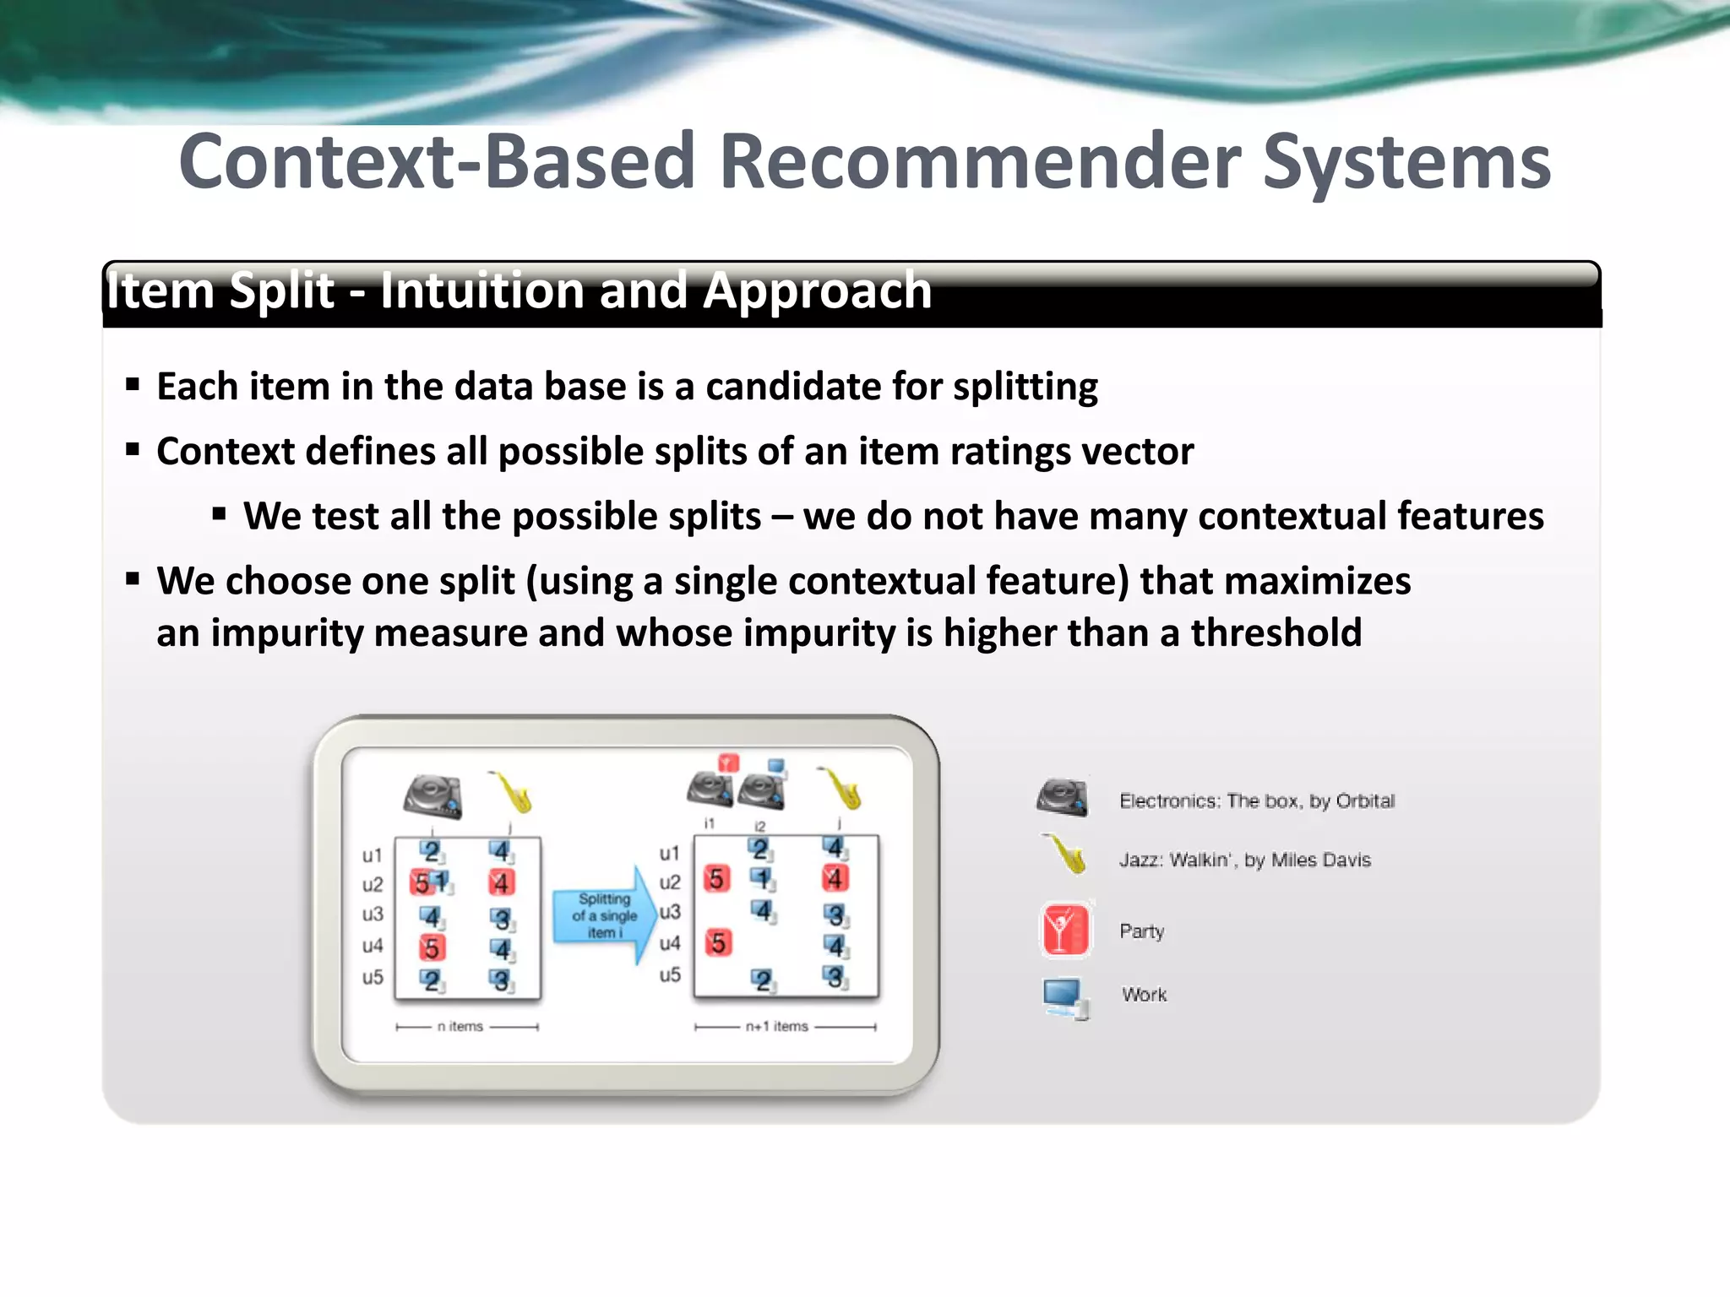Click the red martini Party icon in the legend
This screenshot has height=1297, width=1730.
1065,930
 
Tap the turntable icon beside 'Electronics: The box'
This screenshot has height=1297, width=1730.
1063,797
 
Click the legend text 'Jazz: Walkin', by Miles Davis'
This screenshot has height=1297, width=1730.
1244,860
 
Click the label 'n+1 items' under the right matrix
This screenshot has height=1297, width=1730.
776,1027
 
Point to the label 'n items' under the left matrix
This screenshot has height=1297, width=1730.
460,1027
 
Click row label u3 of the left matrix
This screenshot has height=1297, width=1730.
373,914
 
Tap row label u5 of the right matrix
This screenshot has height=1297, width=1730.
670,975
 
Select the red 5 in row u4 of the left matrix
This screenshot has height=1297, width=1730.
432,948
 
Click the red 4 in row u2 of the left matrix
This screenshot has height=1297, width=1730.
501,883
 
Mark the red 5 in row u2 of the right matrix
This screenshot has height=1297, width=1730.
716,879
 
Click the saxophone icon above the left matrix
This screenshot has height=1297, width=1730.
511,791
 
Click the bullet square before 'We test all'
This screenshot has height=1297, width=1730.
220,513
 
